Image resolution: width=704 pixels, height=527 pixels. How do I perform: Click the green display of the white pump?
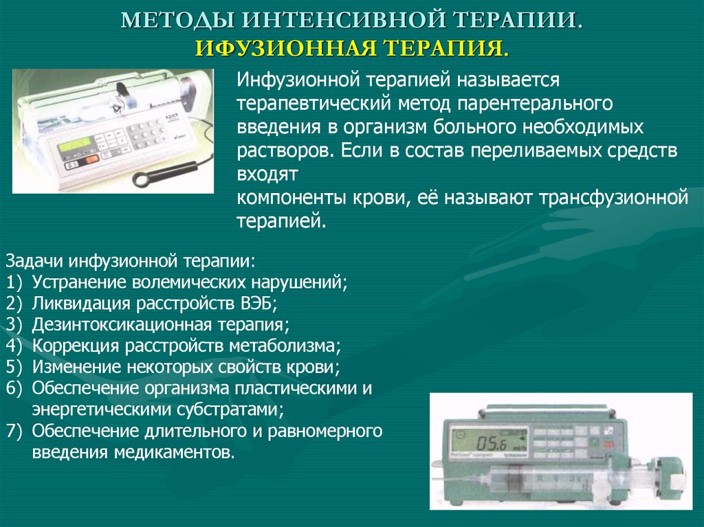pyautogui.click(x=74, y=146)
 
